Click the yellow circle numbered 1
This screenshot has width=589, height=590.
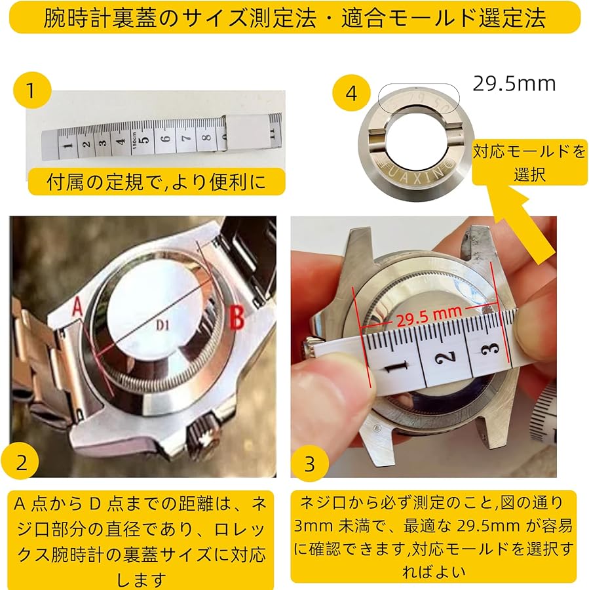click(x=31, y=90)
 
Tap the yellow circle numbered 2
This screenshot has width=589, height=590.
click(x=21, y=462)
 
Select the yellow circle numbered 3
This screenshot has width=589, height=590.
click(x=309, y=463)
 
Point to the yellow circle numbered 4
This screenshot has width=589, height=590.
click(x=351, y=92)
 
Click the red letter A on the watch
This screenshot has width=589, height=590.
click(x=77, y=306)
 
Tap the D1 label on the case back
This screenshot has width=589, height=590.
click(x=162, y=325)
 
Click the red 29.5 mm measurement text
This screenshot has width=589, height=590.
click(x=428, y=316)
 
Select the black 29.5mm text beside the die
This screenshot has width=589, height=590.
click(x=514, y=83)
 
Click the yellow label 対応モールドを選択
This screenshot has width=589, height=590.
click(x=529, y=163)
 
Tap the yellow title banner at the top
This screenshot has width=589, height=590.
click(x=295, y=17)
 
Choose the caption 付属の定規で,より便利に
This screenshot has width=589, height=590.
click(x=157, y=182)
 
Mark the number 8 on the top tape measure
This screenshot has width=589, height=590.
click(x=206, y=138)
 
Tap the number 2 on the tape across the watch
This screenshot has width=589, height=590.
click(x=446, y=357)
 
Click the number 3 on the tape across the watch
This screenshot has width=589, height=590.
click(x=491, y=349)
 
